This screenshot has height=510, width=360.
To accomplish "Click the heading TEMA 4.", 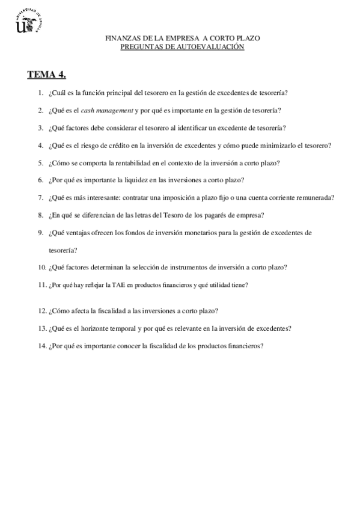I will (x=46, y=75).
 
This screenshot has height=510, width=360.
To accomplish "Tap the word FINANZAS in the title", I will (x=121, y=38).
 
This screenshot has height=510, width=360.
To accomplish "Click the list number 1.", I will (x=40, y=93).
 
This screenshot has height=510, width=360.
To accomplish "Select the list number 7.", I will (x=40, y=197).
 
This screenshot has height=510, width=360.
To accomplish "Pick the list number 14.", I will (x=41, y=346).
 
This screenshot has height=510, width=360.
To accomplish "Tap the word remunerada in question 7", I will (x=315, y=197).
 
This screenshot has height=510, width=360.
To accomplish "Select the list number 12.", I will (x=41, y=311).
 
